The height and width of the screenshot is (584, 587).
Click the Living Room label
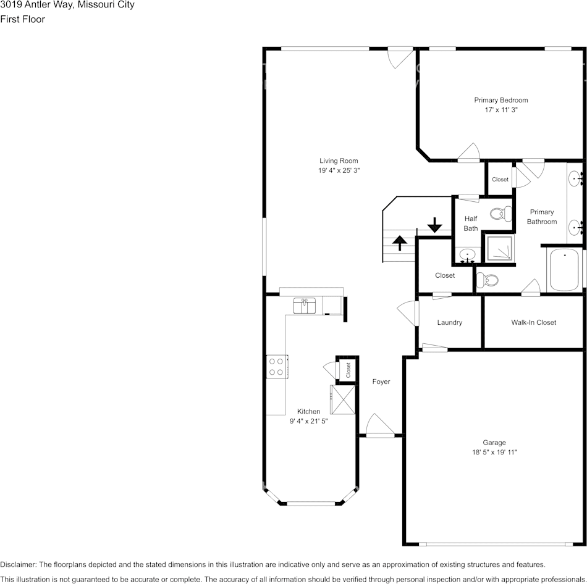pyautogui.click(x=339, y=161)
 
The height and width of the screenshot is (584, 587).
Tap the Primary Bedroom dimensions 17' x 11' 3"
pyautogui.click(x=501, y=110)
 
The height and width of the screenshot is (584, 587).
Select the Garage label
pyautogui.click(x=494, y=443)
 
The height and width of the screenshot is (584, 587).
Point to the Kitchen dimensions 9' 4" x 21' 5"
pyautogui.click(x=308, y=421)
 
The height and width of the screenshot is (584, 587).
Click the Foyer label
pyautogui.click(x=381, y=382)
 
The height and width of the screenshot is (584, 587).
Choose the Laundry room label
pyautogui.click(x=450, y=322)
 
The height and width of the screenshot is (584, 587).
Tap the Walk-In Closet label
pyautogui.click(x=533, y=322)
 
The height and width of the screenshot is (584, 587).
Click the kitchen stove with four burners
pyautogui.click(x=277, y=367)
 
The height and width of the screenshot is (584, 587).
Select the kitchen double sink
pyautogui.click(x=305, y=306)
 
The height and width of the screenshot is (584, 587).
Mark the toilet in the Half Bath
pyautogui.click(x=501, y=214)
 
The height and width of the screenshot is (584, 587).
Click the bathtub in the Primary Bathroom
pyautogui.click(x=564, y=270)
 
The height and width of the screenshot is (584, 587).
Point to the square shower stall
pyautogui.click(x=499, y=248)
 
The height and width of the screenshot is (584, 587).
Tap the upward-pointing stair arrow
pyautogui.click(x=400, y=243)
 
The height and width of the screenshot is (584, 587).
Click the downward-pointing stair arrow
pyautogui.click(x=434, y=225)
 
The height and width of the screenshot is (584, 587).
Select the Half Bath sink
pyautogui.click(x=467, y=256)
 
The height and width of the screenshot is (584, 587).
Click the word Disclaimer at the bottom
pyautogui.click(x=17, y=564)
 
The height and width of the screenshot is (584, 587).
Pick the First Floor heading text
pyautogui.click(x=22, y=20)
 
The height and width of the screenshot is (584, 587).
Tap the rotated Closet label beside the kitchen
pyautogui.click(x=348, y=370)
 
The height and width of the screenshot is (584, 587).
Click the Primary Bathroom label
pyautogui.click(x=542, y=217)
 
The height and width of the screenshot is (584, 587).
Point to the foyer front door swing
pyautogui.click(x=379, y=425)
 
